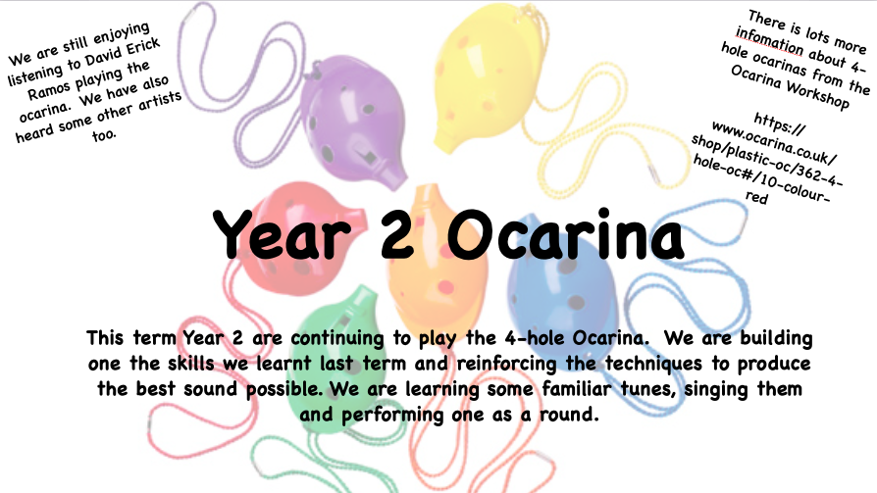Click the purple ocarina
[351, 121]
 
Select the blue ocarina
[562, 279]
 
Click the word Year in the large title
[282, 235]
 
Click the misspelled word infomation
[769, 42]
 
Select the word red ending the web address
[756, 197]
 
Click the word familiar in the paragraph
[576, 388]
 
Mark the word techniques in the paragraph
[653, 365]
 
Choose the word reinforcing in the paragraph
[506, 365]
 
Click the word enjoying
[123, 35]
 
